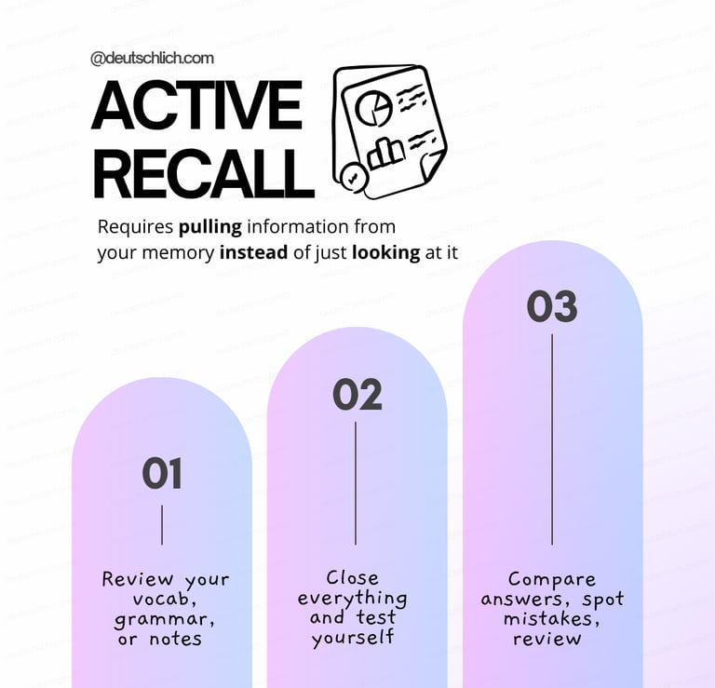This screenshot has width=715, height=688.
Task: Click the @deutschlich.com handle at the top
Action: coord(152,58)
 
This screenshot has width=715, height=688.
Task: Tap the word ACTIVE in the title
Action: coord(196,107)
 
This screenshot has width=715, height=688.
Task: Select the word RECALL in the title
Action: coord(203,173)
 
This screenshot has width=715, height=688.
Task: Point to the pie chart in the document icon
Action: coord(372,109)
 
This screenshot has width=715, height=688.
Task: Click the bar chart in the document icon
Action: coord(385,153)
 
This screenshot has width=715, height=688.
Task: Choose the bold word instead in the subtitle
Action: coord(253,252)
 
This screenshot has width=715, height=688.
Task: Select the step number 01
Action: coord(162,474)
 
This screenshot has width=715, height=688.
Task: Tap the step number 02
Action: coord(357,395)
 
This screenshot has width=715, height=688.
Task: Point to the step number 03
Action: coord(552,307)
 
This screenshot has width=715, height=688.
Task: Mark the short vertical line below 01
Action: coord(162,525)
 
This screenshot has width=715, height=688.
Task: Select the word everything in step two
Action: coord(352,598)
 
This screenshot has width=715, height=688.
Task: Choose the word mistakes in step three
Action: coord(550,619)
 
